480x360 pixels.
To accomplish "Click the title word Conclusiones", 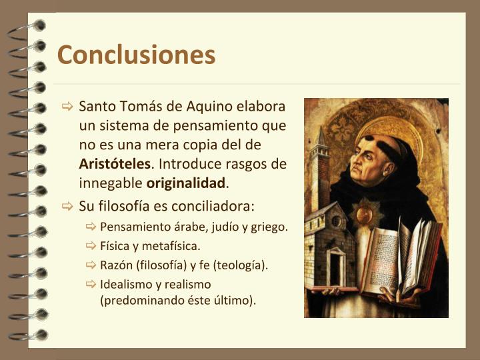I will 136,55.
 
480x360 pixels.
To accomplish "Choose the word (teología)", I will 238,265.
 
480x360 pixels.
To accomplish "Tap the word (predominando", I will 137,300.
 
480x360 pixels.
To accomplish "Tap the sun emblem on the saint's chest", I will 363,215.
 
